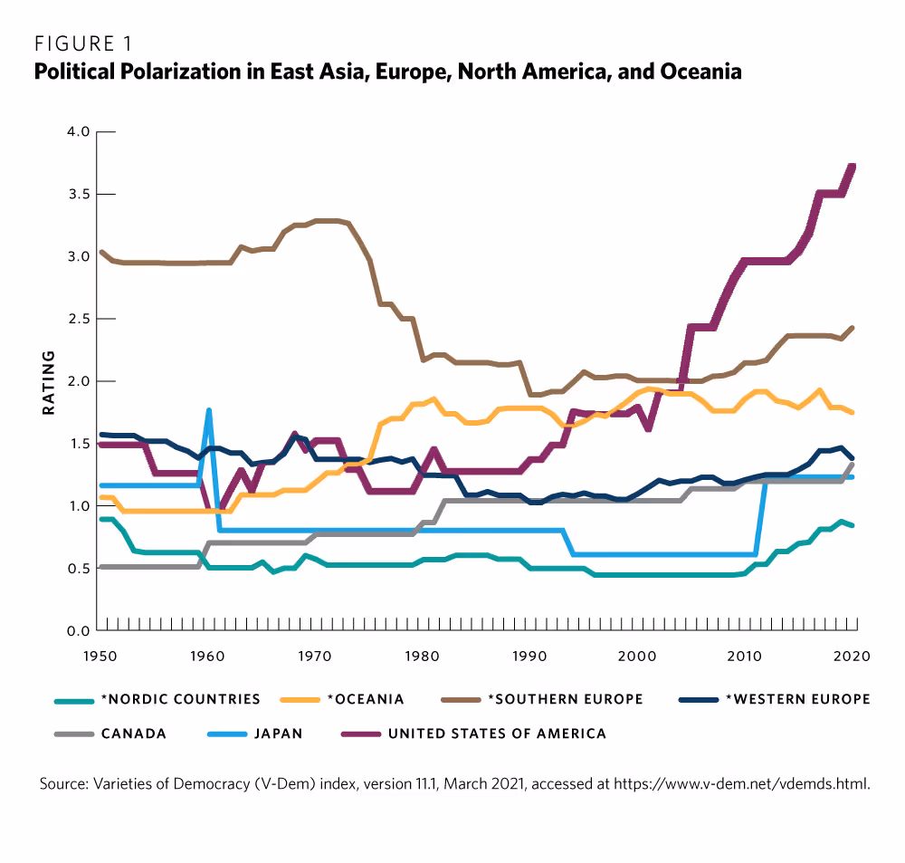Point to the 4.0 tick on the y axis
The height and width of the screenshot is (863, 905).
pyautogui.click(x=78, y=132)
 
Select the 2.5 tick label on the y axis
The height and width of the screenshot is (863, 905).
pyautogui.click(x=78, y=319)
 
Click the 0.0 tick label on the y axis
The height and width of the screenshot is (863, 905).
pyautogui.click(x=78, y=630)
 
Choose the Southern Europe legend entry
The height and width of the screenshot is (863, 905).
pyautogui.click(x=565, y=699)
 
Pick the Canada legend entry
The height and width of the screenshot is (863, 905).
pyautogui.click(x=132, y=734)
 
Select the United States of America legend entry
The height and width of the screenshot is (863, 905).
pyautogui.click(x=497, y=734)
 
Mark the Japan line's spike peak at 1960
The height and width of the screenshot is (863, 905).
pyautogui.click(x=209, y=410)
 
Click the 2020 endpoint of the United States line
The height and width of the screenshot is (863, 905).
pyautogui.click(x=853, y=167)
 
